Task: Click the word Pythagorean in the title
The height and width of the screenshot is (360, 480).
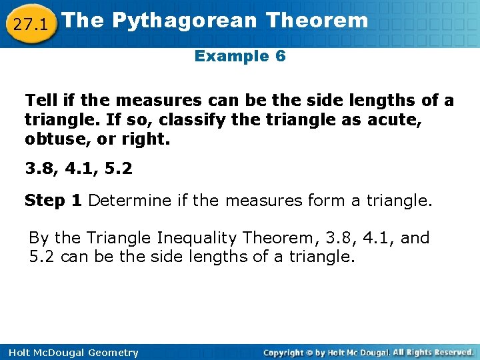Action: pos(184,21)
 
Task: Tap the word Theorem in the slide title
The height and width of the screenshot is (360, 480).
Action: pos(317,21)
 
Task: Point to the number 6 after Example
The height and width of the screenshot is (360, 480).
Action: pos(280,56)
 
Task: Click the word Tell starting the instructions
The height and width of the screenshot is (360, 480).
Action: pos(40,101)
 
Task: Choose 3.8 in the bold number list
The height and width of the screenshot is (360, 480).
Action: pos(39,169)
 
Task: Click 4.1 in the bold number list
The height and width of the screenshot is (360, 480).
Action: pos(78,169)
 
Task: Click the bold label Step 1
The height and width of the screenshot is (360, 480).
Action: pos(53,201)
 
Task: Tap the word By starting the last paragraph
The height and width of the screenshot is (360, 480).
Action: pos(39,238)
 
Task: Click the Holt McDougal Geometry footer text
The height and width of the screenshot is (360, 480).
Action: pos(69,353)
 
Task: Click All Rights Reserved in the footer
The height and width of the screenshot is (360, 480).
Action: pos(433,352)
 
